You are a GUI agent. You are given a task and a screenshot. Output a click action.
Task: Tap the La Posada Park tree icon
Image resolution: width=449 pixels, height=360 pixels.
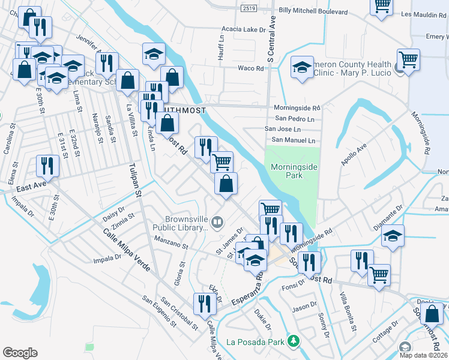tap(294, 342)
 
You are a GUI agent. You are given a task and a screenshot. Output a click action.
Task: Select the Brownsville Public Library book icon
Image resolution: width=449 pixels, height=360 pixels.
tap(217, 223)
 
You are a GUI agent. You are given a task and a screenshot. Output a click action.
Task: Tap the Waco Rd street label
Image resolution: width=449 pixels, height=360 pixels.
tap(251, 68)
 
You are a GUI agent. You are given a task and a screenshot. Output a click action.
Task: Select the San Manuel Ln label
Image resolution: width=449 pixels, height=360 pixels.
tap(293, 140)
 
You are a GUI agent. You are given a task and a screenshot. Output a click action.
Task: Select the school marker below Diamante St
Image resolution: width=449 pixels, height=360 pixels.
tap(393, 235)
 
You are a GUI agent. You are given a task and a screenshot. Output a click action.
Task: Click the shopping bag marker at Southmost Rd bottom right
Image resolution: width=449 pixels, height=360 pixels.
tap(432, 313)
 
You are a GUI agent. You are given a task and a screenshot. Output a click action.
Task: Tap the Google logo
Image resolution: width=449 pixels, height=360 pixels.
tap(20, 352)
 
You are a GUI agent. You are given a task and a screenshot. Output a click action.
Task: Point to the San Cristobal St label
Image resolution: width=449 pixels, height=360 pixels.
tap(178, 313)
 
